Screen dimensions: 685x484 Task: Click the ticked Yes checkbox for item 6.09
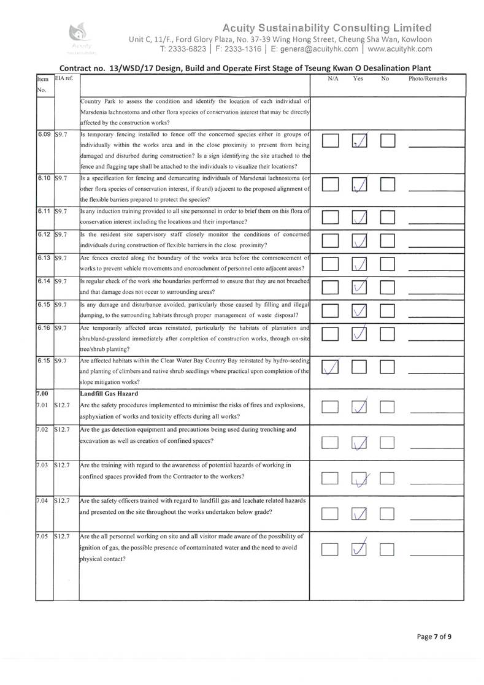click(x=360, y=142)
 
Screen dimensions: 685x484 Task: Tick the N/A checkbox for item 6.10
click(x=330, y=185)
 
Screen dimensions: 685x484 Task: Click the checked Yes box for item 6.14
click(x=360, y=287)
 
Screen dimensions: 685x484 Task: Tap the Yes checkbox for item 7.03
click(x=360, y=476)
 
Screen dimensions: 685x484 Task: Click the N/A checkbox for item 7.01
click(x=330, y=408)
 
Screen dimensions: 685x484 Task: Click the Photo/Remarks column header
click(x=427, y=79)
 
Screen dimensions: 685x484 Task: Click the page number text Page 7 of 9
click(x=434, y=637)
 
